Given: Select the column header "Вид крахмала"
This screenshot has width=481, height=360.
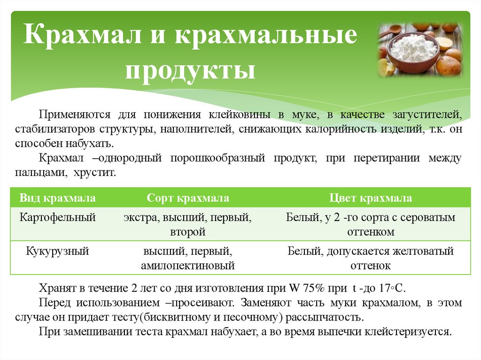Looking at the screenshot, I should coord(58,199).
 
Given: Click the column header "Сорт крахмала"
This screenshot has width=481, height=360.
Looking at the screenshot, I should coord(188,199).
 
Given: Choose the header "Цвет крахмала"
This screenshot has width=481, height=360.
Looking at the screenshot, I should coord(371,199).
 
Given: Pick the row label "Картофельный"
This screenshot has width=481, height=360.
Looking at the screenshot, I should coord(58,217).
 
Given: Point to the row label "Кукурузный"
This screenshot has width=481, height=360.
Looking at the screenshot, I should coord(58,251).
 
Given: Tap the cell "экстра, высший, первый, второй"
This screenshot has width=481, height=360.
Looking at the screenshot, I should coord(188,224).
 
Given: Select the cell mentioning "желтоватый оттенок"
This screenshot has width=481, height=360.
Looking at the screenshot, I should coord(371,258).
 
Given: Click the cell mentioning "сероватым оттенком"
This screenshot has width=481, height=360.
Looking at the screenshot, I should coord(371,224).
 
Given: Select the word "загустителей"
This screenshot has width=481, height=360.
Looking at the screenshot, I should coord(433,115).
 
